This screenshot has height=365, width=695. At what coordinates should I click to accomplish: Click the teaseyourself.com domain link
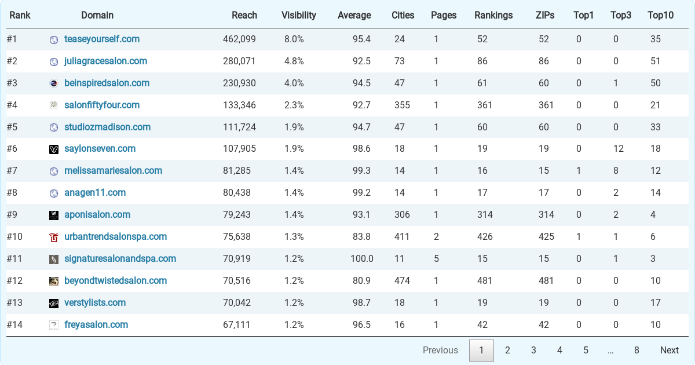coord(102,39)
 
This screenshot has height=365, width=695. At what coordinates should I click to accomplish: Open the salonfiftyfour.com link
coord(102,105)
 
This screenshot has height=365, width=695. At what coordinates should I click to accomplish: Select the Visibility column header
coord(298,15)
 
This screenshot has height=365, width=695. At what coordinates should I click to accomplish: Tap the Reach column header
coord(244,15)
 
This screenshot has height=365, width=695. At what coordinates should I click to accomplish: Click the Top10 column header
coord(660,15)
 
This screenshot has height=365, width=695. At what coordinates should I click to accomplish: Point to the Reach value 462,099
coord(239,39)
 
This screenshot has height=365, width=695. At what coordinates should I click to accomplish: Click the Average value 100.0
coord(362,258)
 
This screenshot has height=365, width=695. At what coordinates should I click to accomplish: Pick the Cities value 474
coord(402,280)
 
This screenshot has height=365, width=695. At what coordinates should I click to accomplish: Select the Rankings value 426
coord(485,236)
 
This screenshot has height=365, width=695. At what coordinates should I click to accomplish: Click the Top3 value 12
coord(619,149)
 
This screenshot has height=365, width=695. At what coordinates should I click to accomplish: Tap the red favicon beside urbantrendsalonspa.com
coord(54,238)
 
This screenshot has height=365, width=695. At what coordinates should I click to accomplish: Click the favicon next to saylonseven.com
coord(54,149)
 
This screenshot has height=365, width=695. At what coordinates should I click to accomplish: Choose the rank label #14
coord(14,324)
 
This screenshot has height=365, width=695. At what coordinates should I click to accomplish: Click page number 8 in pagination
coord(637,350)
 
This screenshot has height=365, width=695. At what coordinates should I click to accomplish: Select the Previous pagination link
coord(440,350)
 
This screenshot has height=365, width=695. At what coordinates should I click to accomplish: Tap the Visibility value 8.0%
coord(294,39)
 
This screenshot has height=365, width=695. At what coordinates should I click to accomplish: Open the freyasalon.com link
coord(96,324)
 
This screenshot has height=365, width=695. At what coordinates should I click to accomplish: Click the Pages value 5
coord(436,258)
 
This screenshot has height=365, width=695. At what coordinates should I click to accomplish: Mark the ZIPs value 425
coord(546,236)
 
